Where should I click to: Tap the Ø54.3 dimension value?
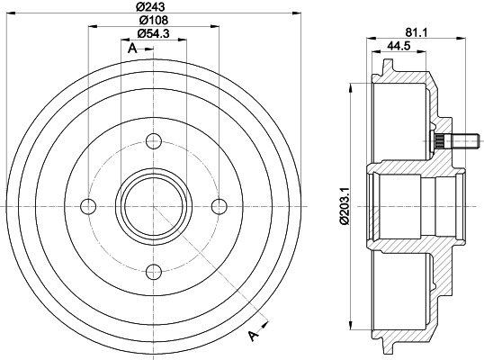tap(153, 36)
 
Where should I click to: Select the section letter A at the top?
tap(132, 49)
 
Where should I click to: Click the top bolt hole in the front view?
tap(152, 140)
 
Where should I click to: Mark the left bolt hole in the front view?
tap(88, 205)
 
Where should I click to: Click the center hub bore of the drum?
tap(152, 205)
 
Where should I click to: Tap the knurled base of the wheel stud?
tap(438, 140)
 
